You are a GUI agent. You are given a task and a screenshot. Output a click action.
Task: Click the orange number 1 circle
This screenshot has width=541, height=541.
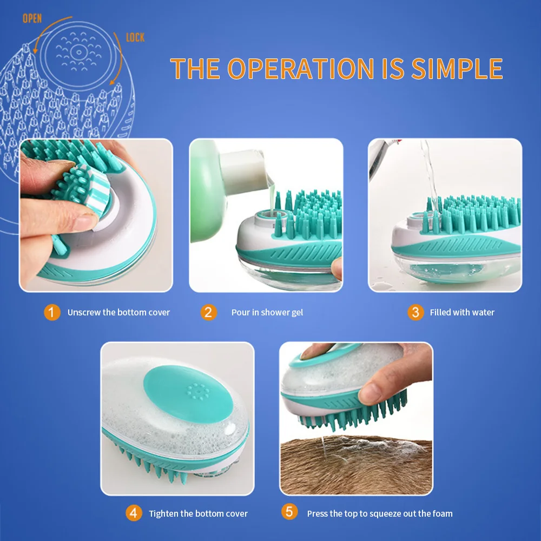coord(52,312)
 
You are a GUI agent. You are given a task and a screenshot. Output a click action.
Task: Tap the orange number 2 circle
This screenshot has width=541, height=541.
coord(208,312)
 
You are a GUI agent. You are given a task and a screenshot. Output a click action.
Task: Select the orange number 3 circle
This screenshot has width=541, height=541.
coord(415,312)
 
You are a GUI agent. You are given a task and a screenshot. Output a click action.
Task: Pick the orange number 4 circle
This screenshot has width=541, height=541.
coord(134,513)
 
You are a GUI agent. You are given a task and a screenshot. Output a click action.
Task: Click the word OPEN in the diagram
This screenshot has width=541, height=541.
coord(32,19)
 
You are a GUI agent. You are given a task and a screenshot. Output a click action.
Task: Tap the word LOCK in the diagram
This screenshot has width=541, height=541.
coord(136,37)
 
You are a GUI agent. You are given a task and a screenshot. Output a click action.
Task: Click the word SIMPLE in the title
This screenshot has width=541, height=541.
coord(457,69)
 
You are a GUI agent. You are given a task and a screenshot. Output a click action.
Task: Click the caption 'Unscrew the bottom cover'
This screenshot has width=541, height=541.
coord(118,312)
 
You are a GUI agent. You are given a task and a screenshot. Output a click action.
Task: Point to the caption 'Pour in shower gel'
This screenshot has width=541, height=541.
coord(267,312)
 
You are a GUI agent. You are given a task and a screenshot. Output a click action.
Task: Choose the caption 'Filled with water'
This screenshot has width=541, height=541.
coord(462,312)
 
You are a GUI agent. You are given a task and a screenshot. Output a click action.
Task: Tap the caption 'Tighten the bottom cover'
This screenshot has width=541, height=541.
coord(198,513)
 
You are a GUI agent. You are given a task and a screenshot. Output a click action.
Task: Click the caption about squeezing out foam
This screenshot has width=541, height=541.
coord(380,513)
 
